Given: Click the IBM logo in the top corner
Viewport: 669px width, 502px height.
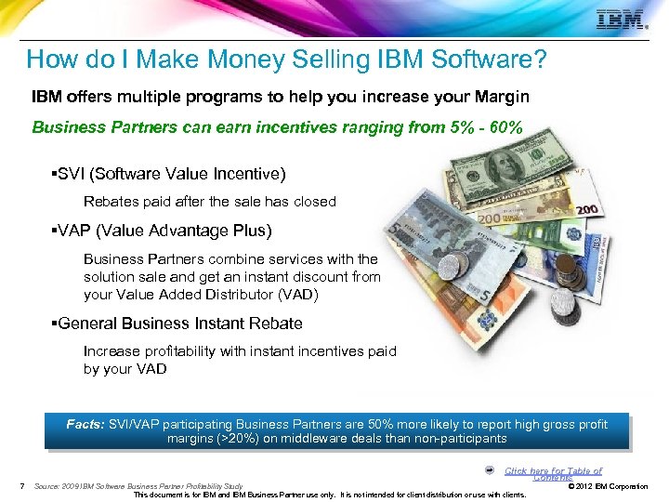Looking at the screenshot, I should tap(621, 20).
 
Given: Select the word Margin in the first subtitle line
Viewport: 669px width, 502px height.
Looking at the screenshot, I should tap(503, 98).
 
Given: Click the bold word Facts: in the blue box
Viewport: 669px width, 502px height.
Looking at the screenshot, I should tap(85, 424).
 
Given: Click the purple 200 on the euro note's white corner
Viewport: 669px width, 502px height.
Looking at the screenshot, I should tap(587, 211).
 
